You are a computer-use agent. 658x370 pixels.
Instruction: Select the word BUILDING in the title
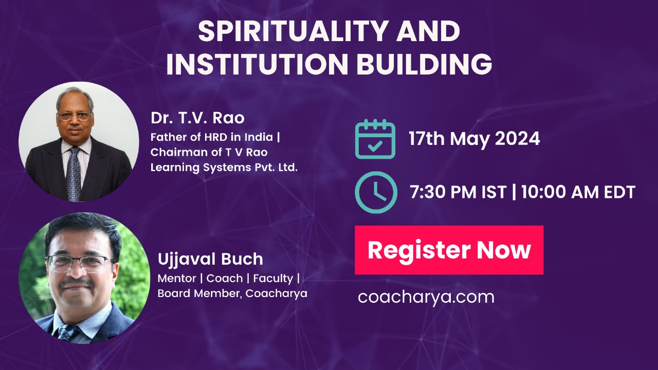point(425,64)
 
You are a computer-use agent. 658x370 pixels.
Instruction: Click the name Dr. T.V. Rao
point(197,118)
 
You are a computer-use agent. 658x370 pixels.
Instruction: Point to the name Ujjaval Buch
point(210,260)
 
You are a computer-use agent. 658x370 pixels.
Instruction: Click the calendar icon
point(375,139)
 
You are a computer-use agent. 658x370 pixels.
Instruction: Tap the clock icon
point(376,192)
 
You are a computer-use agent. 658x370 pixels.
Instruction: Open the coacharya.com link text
point(426,298)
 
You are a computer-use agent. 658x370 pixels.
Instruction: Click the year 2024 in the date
point(517,139)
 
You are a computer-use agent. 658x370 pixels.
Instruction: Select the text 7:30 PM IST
point(458,192)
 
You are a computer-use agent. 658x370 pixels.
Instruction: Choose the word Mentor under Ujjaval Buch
point(177,279)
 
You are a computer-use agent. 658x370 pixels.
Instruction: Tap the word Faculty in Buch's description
point(273,279)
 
